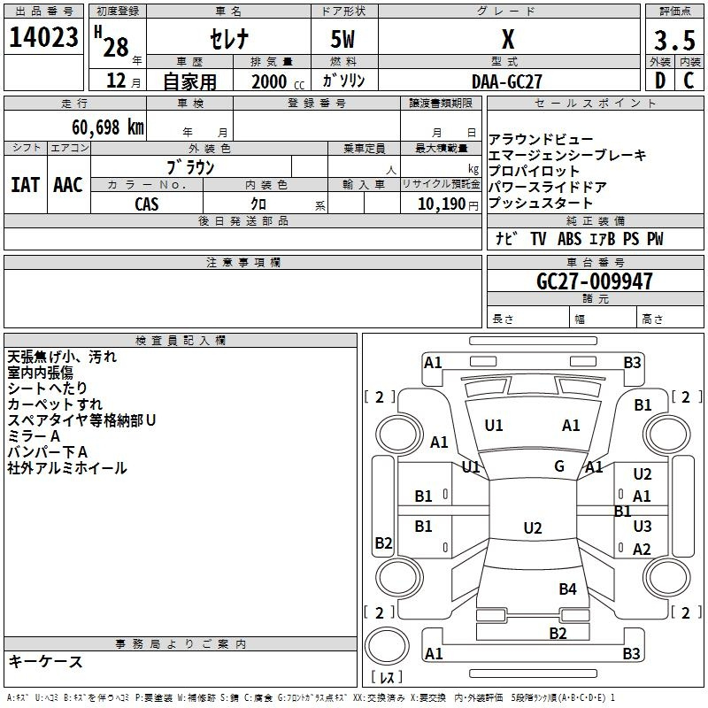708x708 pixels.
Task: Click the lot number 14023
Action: tap(43, 37)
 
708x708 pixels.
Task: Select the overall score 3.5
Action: tap(674, 40)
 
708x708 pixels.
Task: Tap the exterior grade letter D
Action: tap(659, 81)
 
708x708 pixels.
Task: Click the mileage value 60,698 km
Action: tap(108, 127)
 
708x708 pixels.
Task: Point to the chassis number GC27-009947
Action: tap(595, 281)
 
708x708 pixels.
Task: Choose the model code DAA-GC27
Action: tap(506, 81)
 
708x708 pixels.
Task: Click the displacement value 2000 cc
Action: tap(278, 81)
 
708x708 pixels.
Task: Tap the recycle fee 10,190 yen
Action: tap(448, 204)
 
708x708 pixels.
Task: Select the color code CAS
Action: tap(147, 204)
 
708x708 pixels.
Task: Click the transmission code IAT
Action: tap(26, 185)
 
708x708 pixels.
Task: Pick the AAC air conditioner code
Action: tap(68, 185)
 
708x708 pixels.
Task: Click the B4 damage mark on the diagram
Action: tap(567, 589)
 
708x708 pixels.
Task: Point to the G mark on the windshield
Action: tap(559, 466)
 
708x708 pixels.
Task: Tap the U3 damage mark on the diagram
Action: tap(643, 526)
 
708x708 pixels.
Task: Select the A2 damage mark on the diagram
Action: tap(642, 549)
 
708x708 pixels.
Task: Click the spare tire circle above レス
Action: tap(387, 645)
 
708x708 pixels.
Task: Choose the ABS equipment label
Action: tap(569, 239)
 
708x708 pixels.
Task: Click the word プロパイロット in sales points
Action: tap(534, 171)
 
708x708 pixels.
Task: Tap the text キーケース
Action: tap(46, 661)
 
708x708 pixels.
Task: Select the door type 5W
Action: tap(342, 39)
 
